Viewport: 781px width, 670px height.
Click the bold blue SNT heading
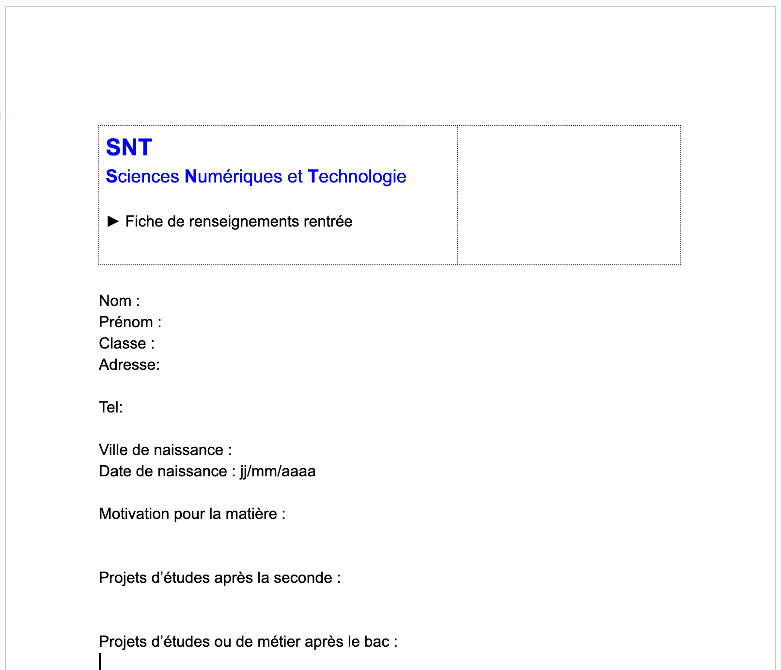point(129,148)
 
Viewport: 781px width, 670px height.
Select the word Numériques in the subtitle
point(233,177)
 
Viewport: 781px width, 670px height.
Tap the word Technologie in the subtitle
point(357,177)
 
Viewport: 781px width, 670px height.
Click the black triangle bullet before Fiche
point(113,221)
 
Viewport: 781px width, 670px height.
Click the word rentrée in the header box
point(328,222)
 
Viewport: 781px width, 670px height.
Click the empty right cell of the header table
point(568,195)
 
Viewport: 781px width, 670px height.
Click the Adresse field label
point(129,365)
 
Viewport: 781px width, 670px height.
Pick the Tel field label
point(110,408)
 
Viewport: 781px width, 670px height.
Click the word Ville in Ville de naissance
point(113,450)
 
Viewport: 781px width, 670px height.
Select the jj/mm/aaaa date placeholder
point(278,472)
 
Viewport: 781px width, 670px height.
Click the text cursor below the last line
point(100,661)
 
